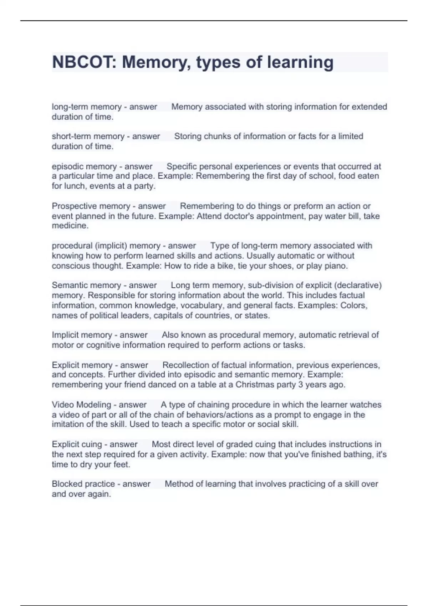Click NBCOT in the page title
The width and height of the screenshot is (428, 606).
point(81,62)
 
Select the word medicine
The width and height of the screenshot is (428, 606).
point(70,226)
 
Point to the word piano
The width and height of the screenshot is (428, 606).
point(336,266)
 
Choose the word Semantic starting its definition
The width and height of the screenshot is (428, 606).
point(71,285)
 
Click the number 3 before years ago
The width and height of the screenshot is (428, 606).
point(301,385)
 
